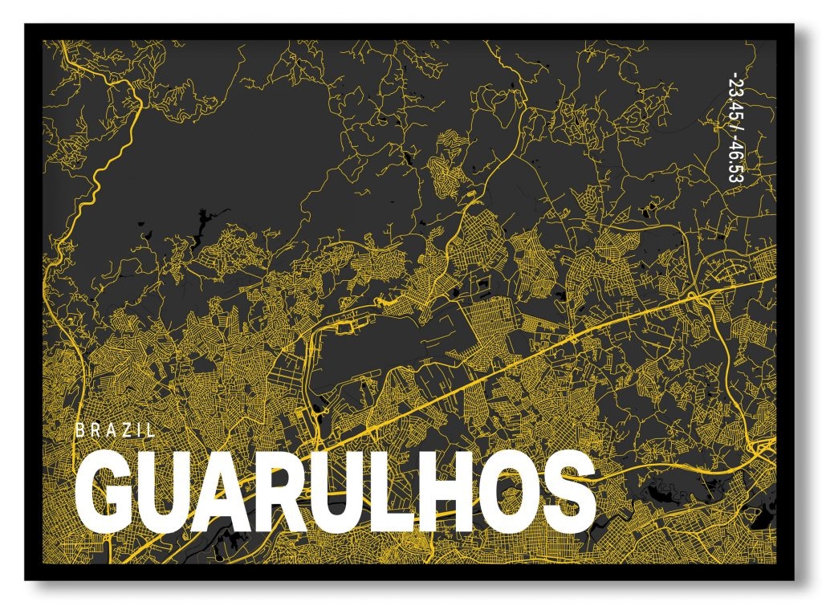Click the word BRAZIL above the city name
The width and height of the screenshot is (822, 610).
click(115, 430)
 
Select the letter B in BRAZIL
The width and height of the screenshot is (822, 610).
click(79, 430)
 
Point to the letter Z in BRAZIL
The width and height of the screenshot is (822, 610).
click(126, 430)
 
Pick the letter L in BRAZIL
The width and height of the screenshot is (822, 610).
click(150, 430)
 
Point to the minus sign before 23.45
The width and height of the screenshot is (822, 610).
click(733, 76)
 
